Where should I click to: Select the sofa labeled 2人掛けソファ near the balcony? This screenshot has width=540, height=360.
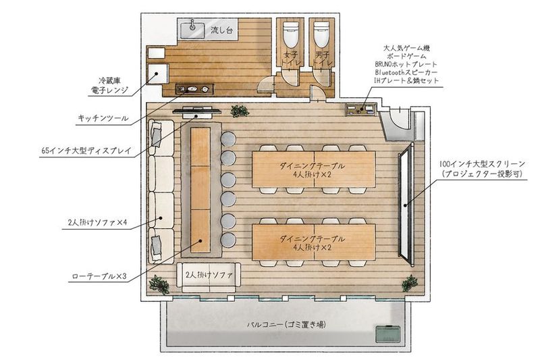[208, 276]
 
